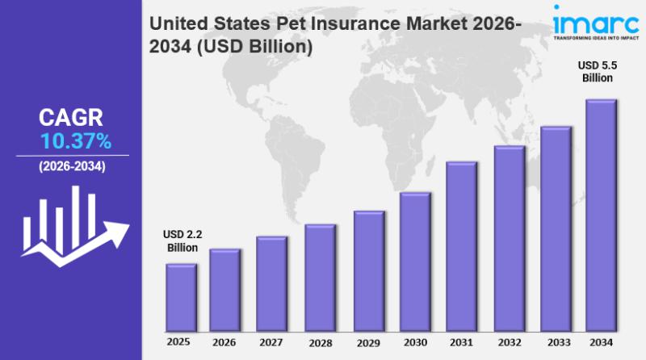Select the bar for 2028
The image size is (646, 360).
click(x=319, y=278)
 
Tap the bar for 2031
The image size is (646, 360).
click(x=461, y=246)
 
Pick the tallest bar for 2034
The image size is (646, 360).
click(x=600, y=215)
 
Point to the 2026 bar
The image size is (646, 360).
click(x=224, y=290)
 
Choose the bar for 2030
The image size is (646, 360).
click(x=414, y=262)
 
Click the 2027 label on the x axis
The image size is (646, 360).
click(x=271, y=343)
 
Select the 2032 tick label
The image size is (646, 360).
click(x=509, y=343)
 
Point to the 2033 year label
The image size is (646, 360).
click(x=556, y=343)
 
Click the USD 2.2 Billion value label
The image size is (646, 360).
click(x=182, y=241)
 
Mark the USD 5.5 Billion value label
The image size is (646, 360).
click(x=598, y=72)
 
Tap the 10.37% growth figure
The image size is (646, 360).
click(x=76, y=142)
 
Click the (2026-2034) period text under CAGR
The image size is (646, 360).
click(x=72, y=166)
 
